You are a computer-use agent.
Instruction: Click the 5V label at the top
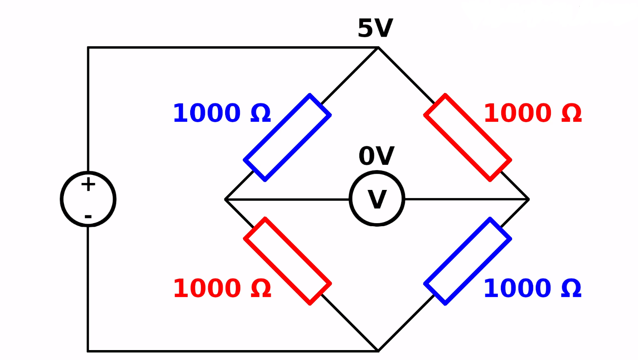coord(375,28)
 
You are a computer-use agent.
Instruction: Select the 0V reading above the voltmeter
coord(376,156)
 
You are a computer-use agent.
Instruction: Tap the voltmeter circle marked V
coord(377,199)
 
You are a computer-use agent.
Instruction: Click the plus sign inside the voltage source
coord(88,185)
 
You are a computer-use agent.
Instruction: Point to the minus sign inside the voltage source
coord(88,216)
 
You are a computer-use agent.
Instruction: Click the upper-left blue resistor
coord(287,137)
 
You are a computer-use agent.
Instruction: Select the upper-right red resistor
coord(468,137)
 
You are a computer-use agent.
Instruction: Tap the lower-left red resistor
coord(287,261)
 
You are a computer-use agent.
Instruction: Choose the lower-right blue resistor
coord(468,261)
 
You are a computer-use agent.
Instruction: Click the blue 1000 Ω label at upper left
coord(222,113)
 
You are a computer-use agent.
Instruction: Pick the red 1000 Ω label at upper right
coord(533,113)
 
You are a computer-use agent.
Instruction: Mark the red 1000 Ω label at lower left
coord(222,288)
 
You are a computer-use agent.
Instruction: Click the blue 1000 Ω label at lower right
coord(533,288)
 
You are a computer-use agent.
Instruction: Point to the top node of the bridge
coord(378,47)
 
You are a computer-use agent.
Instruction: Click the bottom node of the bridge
coord(378,351)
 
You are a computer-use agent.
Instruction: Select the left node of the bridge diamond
coord(226,199)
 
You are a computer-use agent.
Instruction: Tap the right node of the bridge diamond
coord(528,199)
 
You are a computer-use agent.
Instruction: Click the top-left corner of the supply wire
coord(88,47)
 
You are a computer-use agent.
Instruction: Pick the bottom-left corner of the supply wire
coord(88,351)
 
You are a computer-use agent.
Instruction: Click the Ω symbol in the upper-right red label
coord(571,114)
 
